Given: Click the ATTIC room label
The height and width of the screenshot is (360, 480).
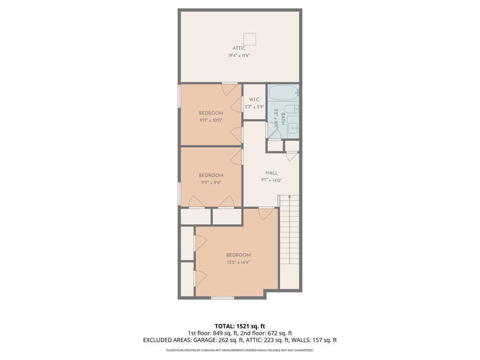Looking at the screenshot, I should point(239,48).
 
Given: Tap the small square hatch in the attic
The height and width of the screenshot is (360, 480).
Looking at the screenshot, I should point(250,39).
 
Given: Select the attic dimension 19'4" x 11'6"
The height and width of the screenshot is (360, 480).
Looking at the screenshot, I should point(239,56).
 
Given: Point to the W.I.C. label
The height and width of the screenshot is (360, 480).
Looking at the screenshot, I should point(255,99).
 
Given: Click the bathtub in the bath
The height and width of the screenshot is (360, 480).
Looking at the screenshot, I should point(283,93).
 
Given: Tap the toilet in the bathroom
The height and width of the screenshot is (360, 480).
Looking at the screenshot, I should point(290,109).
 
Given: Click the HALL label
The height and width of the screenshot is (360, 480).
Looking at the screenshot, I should point(272,173).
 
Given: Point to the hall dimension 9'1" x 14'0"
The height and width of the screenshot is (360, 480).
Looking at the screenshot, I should point(272,180).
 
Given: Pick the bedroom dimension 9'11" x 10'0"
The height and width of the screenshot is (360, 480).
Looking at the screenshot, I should point(211,120).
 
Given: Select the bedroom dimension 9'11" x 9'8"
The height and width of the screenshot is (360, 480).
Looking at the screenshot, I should point(211,183).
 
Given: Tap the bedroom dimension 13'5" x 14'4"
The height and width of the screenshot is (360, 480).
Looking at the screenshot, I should point(239,262).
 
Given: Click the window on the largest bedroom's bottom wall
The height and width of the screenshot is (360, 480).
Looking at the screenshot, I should point(222,298).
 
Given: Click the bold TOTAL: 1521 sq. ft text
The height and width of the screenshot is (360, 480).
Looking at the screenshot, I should point(240,326).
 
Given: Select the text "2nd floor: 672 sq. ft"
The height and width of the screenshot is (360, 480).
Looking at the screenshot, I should point(267,333).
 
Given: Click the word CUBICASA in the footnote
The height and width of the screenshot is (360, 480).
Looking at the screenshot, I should point(210,350).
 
